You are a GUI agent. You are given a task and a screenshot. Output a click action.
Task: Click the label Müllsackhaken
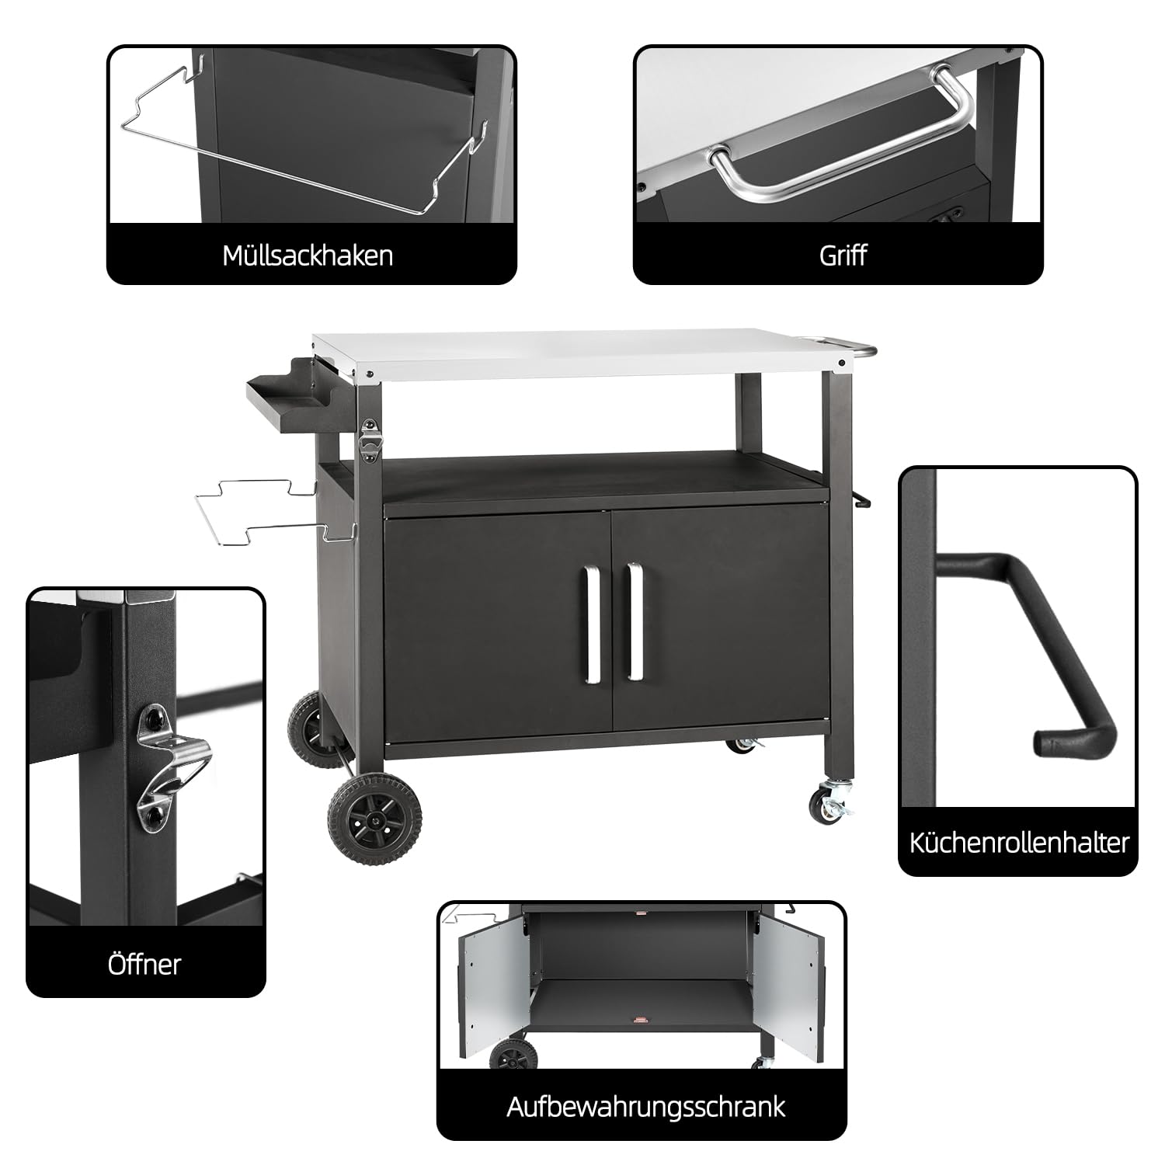308,256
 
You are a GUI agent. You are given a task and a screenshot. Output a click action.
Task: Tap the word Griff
843,256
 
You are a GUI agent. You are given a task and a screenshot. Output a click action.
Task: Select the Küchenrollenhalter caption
1019,843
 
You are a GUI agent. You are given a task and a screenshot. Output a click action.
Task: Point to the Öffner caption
144,964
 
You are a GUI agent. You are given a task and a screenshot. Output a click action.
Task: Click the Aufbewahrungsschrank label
646,1106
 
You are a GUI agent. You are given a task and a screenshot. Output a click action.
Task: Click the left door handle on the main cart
593,625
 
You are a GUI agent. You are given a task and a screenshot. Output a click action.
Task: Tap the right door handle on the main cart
635,622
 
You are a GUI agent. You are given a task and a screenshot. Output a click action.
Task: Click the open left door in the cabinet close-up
491,989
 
